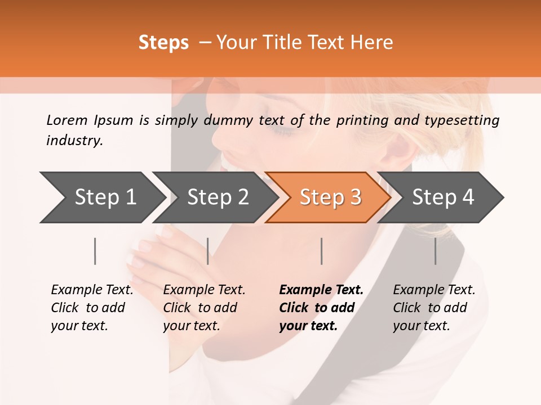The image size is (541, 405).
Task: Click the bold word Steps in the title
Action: [163, 43]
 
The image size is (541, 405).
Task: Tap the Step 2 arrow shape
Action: [217, 197]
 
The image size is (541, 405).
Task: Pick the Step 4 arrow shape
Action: [442, 197]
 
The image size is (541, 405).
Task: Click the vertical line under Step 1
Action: [95, 251]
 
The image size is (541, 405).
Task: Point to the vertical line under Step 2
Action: [208, 251]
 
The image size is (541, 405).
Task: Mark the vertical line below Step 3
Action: [322, 251]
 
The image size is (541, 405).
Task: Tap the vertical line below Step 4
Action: [436, 251]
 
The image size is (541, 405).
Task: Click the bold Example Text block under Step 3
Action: [321, 308]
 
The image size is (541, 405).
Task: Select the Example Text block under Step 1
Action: [92, 308]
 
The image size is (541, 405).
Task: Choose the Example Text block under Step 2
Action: [204, 308]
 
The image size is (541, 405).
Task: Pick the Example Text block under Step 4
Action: [434, 308]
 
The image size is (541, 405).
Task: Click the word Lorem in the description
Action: [67, 120]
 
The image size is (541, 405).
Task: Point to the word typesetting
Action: [466, 120]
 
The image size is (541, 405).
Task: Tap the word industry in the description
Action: [74, 141]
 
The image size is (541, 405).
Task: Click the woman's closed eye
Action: [282, 130]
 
